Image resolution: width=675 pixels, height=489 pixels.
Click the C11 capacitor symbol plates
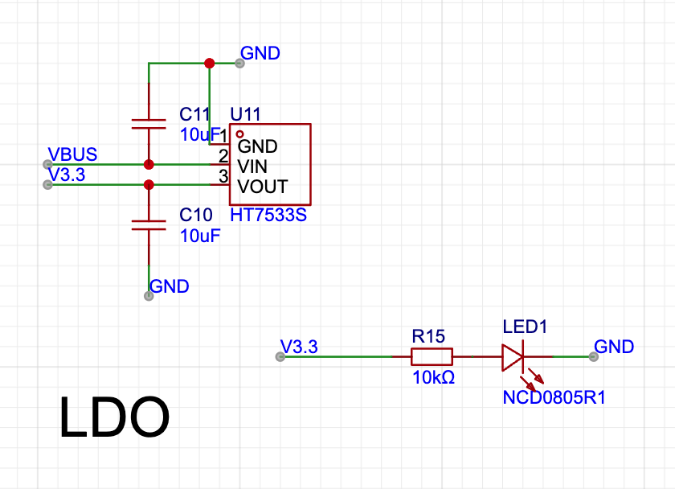(x=149, y=124)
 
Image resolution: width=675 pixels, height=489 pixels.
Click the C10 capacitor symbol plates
(x=149, y=225)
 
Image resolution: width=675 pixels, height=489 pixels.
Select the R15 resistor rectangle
(x=432, y=357)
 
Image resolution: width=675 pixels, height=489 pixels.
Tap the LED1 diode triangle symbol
(x=513, y=357)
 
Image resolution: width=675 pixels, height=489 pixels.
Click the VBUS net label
(x=72, y=154)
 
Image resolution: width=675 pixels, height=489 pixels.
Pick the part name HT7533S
(x=268, y=215)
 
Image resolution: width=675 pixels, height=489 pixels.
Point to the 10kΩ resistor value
(x=433, y=377)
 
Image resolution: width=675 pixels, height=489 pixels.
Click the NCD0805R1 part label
(x=554, y=397)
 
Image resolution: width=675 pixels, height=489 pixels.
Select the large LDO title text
(x=114, y=417)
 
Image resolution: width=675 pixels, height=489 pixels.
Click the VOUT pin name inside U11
(x=262, y=187)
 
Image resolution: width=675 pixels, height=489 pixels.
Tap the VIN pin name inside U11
(x=252, y=166)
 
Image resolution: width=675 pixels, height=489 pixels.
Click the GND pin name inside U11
(x=257, y=146)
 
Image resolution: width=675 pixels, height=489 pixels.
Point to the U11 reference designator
(x=245, y=114)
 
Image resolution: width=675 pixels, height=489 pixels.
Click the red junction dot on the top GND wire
(x=209, y=64)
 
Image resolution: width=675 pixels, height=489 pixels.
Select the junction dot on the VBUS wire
(x=149, y=164)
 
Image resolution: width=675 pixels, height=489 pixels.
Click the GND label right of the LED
(x=614, y=347)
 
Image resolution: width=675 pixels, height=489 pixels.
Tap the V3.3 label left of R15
(x=299, y=347)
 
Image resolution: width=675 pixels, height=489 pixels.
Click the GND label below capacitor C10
(x=170, y=286)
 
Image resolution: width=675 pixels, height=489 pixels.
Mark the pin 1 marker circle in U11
(x=239, y=134)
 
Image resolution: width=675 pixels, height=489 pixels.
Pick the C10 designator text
(x=196, y=215)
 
